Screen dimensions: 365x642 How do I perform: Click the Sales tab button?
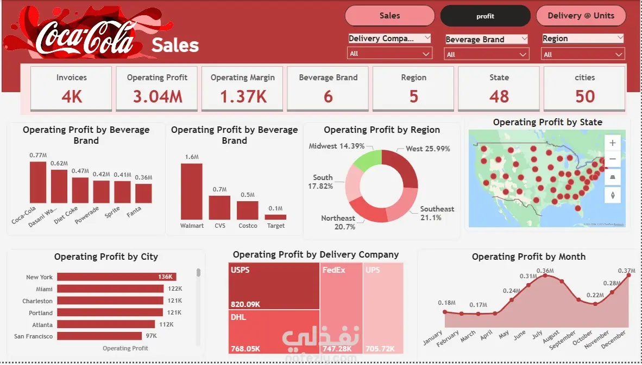[x=389, y=16]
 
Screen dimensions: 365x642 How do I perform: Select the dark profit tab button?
[x=485, y=16]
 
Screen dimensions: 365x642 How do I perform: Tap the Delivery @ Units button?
[x=581, y=16]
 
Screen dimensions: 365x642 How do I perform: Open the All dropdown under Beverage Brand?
[x=486, y=54]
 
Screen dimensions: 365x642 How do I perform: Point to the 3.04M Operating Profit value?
[x=158, y=97]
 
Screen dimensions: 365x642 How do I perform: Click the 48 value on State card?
[x=499, y=97]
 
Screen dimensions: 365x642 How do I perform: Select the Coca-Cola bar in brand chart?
[x=38, y=182]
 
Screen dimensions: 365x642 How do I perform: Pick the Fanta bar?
[x=143, y=193]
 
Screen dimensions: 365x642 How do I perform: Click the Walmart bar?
[x=191, y=191]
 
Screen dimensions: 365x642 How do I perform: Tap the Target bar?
[x=275, y=217]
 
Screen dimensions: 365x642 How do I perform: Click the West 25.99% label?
[x=427, y=149]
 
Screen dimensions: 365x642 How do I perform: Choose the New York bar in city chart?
[x=109, y=277]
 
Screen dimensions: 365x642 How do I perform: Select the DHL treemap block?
[x=274, y=331]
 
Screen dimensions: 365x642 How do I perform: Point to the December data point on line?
[x=629, y=275]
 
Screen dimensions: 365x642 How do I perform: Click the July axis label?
[x=537, y=336]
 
